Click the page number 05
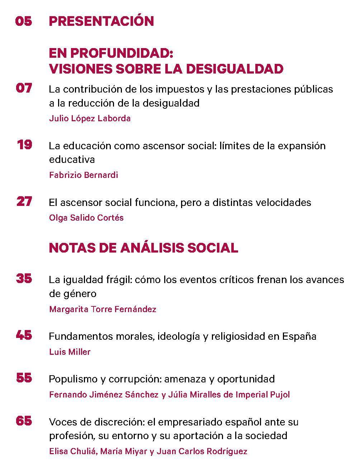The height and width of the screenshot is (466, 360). (24, 21)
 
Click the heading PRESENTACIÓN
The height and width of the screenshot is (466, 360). (101, 21)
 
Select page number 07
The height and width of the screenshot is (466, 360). (24, 88)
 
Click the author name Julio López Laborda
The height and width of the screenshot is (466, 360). (90, 118)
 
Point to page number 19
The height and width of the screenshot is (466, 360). (24, 145)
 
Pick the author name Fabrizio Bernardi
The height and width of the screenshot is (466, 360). (83, 175)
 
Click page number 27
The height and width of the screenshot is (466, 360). (24, 202)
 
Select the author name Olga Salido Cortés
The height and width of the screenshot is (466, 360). (86, 217)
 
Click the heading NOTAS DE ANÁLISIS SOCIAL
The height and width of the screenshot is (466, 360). (143, 248)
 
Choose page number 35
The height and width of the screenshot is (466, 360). (24, 278)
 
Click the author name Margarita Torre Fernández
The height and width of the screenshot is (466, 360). (103, 309)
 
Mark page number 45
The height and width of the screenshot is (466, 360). (24, 335)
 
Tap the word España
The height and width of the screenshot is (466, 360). (299, 336)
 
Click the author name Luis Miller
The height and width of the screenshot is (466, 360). (70, 352)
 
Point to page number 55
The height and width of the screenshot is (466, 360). (24, 378)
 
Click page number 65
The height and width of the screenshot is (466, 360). (24, 421)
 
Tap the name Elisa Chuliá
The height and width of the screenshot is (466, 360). (73, 451)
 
